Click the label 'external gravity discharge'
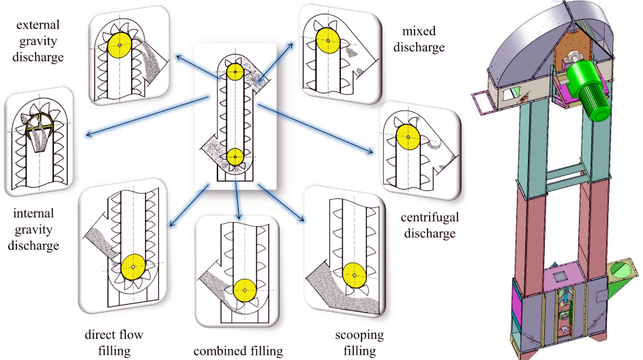click(x=38, y=41)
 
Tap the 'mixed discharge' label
click(x=419, y=40)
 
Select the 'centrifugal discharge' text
click(x=430, y=225)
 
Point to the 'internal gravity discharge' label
click(x=33, y=229)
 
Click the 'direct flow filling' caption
click(x=114, y=342)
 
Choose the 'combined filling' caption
click(x=238, y=351)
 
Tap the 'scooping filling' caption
click(x=359, y=342)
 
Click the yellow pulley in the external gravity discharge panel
click(x=120, y=45)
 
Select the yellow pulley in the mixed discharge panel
click(x=328, y=41)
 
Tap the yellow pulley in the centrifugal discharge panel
click(x=408, y=137)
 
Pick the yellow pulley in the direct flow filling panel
click(x=133, y=267)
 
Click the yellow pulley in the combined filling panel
click(x=245, y=290)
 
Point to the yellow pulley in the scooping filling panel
click(x=355, y=275)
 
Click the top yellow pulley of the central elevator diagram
click(x=235, y=72)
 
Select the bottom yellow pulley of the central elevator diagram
click(x=235, y=157)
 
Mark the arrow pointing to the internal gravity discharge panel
click(x=148, y=116)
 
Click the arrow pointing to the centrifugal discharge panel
click(x=316, y=129)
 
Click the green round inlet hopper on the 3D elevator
click(x=620, y=272)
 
